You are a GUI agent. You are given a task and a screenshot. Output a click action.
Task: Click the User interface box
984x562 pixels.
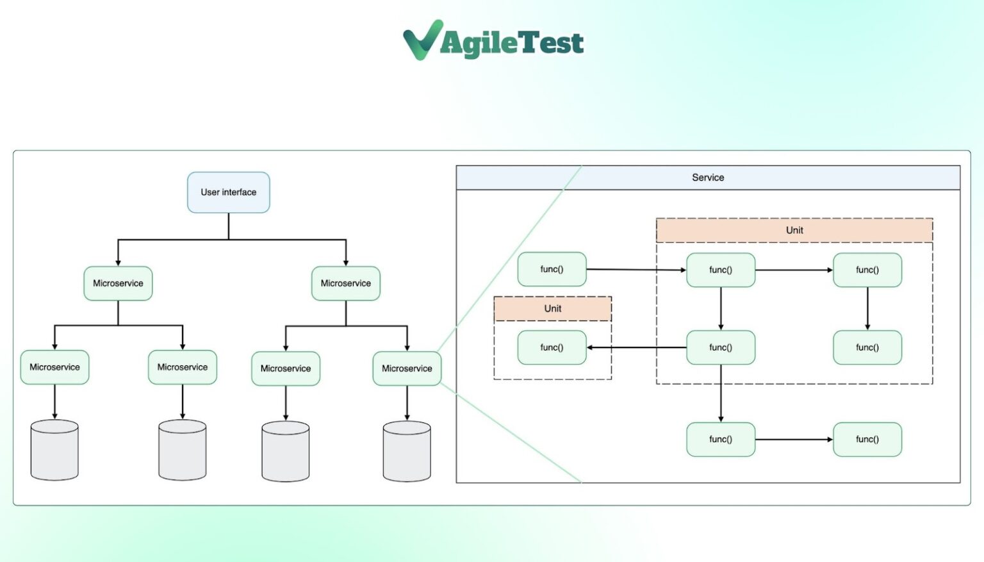(229, 192)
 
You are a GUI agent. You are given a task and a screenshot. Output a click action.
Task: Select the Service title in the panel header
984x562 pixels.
(708, 178)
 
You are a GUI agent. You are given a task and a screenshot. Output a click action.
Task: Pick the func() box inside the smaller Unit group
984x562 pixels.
(552, 347)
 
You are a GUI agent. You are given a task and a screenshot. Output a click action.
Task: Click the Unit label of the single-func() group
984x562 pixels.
(553, 308)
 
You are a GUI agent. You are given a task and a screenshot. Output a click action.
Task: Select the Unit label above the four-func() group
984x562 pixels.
(794, 230)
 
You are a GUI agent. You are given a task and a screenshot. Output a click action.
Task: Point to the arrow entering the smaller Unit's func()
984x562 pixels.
(637, 347)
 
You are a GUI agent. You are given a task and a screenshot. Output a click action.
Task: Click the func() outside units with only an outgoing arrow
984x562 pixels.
(552, 269)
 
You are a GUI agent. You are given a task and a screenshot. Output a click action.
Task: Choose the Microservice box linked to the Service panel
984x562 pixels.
(407, 368)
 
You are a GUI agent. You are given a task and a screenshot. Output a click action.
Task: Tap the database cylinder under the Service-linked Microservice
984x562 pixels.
(407, 451)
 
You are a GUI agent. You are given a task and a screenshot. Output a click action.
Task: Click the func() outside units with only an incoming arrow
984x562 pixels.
(867, 440)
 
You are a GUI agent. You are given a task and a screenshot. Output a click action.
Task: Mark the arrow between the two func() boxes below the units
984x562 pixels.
(794, 440)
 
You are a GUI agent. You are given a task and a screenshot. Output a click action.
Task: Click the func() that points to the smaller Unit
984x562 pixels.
(721, 347)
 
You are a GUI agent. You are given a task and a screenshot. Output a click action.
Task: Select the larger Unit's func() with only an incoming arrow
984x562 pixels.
(867, 347)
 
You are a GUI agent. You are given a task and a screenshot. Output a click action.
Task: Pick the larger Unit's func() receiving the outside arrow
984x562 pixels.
(721, 270)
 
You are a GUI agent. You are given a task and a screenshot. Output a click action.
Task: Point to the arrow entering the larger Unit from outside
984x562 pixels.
(636, 270)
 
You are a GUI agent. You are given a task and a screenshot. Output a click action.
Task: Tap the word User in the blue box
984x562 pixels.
(209, 192)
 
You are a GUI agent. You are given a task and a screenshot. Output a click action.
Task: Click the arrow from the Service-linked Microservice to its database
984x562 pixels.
(407, 403)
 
